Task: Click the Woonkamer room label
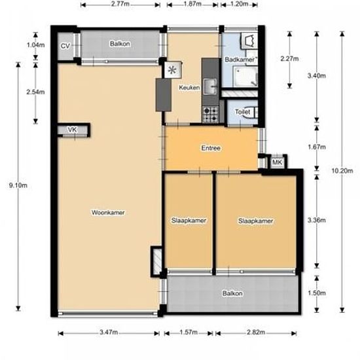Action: click(109, 213)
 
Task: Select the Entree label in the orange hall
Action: click(211, 148)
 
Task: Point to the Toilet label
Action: click(242, 112)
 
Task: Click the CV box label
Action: click(65, 46)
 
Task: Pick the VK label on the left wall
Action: click(72, 130)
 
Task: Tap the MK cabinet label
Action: click(276, 162)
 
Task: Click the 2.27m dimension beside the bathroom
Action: click(289, 59)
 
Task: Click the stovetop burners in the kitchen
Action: click(211, 115)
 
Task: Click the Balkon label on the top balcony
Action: click(119, 44)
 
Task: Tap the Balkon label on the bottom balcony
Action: click(232, 293)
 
